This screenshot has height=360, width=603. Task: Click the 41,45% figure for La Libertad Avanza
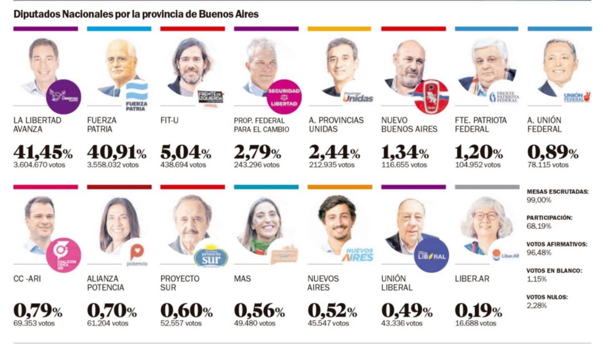[x=43, y=152]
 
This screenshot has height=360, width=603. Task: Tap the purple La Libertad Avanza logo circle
[x=64, y=97]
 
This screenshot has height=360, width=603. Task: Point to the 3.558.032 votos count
[x=113, y=165]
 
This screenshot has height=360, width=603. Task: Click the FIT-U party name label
[x=169, y=120]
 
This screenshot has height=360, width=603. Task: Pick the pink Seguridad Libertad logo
[x=284, y=97]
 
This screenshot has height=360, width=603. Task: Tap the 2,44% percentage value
[x=334, y=152]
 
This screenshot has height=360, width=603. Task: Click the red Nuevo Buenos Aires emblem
[x=431, y=97]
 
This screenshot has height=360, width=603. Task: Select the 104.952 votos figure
[x=478, y=165]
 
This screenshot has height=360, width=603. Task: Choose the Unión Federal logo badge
[x=576, y=97]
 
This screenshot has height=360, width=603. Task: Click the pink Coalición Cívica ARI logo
[x=64, y=255]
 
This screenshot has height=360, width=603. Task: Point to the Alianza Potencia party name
[x=105, y=283]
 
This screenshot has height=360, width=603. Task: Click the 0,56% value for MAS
[x=259, y=311]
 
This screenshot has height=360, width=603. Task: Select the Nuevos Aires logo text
[x=357, y=255]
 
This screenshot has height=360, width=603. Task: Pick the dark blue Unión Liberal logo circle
[x=431, y=255]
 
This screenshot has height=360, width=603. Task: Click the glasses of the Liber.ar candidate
[x=485, y=216]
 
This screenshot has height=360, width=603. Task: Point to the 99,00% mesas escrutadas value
[x=539, y=200]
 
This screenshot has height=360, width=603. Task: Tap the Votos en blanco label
[x=554, y=271]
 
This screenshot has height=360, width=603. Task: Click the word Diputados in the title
[x=37, y=14]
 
